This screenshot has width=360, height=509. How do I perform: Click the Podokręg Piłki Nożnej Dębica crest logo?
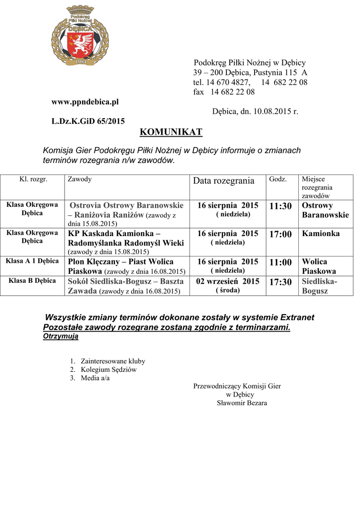coord(80,36)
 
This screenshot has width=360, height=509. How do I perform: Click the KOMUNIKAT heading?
coord(171,132)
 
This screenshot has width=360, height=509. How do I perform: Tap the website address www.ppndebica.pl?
coord(86,102)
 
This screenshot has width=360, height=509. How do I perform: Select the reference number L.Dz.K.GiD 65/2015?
coord(89,121)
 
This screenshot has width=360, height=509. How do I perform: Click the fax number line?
coord(224,92)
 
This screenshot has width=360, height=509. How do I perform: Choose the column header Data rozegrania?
coord(223,181)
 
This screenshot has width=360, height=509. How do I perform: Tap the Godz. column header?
coord(277,179)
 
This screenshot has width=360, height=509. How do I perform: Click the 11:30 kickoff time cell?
coord(280,206)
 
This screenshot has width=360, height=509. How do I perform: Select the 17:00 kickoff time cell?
coord(280,234)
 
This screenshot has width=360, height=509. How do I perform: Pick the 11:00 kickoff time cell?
coord(280,262)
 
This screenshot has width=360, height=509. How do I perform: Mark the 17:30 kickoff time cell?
coord(280,282)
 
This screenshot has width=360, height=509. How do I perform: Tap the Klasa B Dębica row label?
coord(32,281)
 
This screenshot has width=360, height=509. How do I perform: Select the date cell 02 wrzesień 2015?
coord(228,281)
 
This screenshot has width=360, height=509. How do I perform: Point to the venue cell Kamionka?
coord(321,234)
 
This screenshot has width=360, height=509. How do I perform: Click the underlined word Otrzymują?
coord(61,337)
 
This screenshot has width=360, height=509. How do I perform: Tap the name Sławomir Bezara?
coord(242,403)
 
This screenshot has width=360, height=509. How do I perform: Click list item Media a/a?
coord(95,378)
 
